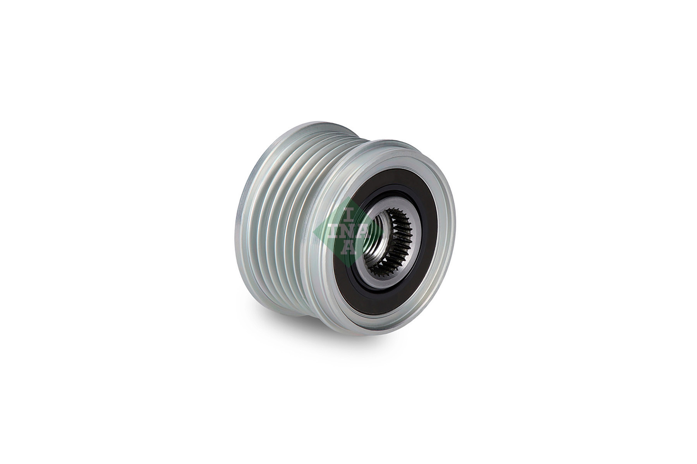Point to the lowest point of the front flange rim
(391, 333)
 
